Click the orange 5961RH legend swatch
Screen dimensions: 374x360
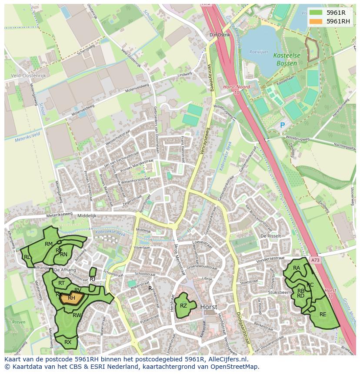click(316, 21)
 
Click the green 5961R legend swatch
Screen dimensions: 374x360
click(316, 13)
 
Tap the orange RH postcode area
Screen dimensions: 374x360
click(71, 298)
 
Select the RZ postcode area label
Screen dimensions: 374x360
click(183, 306)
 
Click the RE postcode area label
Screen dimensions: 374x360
click(323, 314)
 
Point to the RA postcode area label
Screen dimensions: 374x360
click(297, 268)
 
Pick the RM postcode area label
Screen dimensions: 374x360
click(49, 244)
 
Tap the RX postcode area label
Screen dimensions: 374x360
click(68, 342)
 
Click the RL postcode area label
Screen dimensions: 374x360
click(27, 257)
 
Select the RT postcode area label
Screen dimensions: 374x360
click(61, 283)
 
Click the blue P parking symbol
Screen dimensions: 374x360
click(282, 125)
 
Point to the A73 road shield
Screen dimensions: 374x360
click(315, 260)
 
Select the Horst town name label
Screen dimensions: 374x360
click(209, 307)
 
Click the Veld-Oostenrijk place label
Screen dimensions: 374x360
click(29, 75)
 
